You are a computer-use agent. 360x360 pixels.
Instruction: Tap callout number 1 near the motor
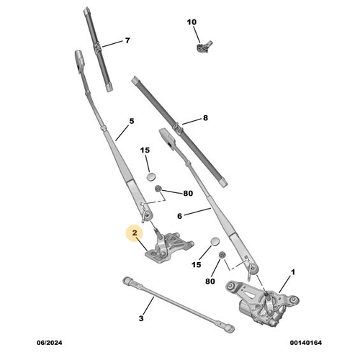pos(293,273)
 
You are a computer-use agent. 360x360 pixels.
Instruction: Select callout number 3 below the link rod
pos(141,318)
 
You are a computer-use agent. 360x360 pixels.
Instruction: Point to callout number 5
pos(132,122)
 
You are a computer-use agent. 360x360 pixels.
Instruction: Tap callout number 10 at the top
pos(192,22)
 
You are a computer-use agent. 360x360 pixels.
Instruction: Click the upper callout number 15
pos(144,150)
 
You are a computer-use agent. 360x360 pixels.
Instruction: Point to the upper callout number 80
pos(188,193)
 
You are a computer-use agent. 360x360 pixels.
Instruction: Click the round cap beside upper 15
pos(151,175)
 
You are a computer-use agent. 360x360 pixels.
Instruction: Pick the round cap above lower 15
pos(215,242)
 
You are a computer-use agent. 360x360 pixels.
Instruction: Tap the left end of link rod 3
pos(127,279)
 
